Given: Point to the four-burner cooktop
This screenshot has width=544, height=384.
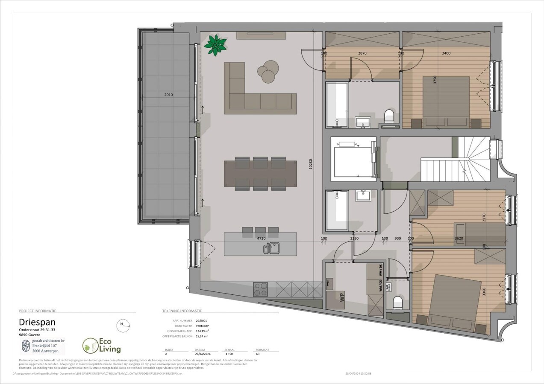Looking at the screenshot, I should click(260, 290).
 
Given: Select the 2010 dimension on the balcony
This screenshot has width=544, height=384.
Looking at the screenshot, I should click(168, 95).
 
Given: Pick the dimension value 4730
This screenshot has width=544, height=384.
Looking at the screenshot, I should click(262, 239).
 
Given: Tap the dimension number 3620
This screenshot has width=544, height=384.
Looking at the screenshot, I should click(459, 239).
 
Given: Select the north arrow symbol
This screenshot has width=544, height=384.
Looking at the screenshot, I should click(123, 325).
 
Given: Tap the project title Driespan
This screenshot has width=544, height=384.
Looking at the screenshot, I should click(37, 322).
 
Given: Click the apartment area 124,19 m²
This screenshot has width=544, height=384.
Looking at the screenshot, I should click(203, 331).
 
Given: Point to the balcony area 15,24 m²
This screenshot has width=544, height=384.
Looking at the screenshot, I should click(202, 336).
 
